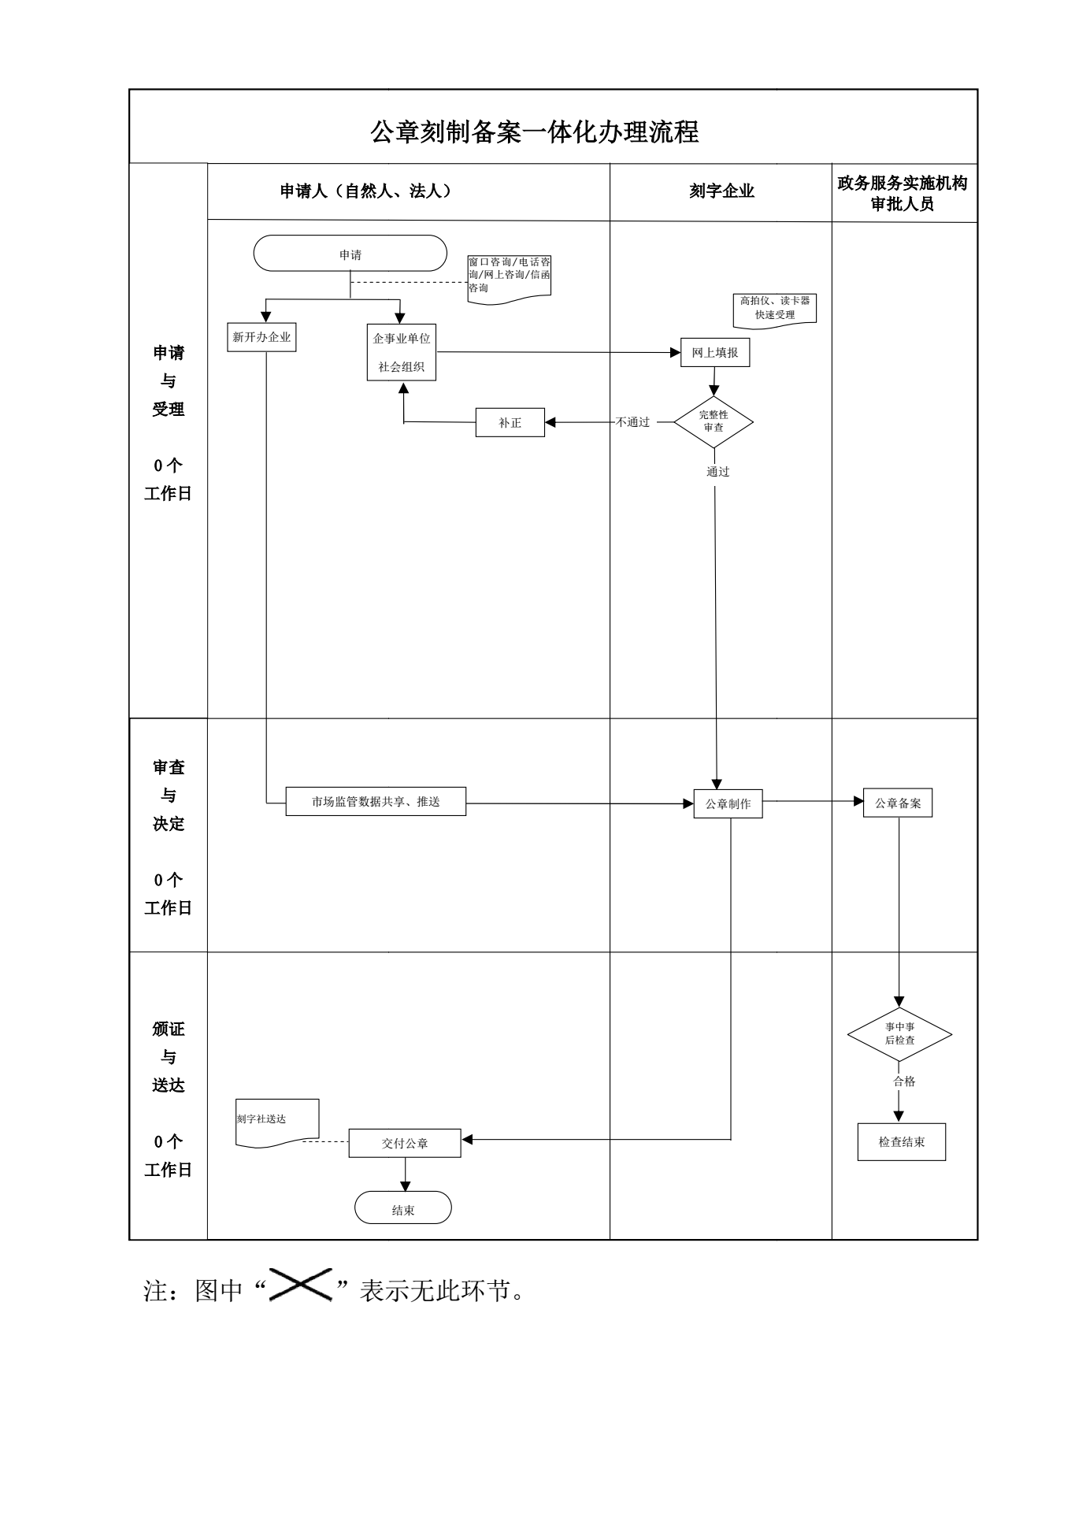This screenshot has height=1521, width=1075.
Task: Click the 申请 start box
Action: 350,254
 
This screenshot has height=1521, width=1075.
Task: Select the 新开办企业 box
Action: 261,337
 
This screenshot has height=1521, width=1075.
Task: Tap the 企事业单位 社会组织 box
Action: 402,352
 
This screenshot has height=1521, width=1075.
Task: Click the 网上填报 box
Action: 715,353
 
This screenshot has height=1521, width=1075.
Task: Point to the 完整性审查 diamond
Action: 714,421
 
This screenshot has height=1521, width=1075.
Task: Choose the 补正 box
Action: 510,423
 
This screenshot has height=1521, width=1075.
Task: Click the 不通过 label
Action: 633,422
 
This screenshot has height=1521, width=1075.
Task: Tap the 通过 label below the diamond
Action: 717,472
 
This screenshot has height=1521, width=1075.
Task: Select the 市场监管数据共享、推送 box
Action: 376,802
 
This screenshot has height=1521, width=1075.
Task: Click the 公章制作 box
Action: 728,804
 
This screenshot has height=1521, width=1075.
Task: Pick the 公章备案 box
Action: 898,803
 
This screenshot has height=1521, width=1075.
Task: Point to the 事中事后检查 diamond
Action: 899,1033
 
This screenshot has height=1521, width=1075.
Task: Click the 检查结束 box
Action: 902,1142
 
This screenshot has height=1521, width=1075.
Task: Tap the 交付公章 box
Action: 405,1144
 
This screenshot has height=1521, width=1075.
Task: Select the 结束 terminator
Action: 403,1211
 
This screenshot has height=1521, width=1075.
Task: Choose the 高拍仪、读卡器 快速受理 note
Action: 775,308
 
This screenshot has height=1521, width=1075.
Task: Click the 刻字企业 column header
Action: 721,191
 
